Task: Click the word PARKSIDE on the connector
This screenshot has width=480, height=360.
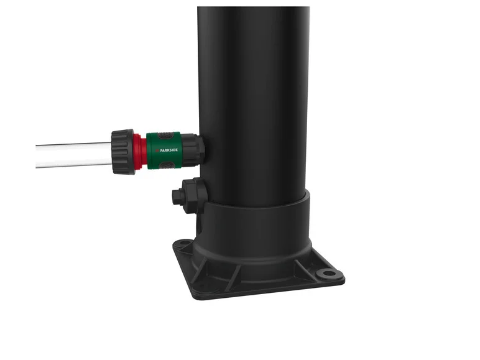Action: coord(166,150)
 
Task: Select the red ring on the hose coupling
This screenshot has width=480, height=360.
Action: coord(141,152)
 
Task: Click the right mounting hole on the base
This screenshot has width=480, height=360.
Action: coord(326,273)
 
